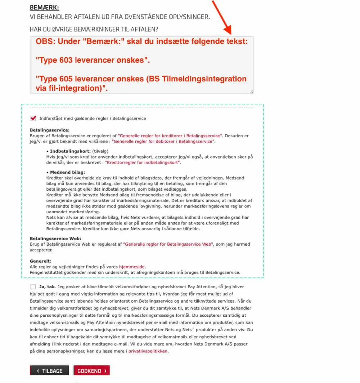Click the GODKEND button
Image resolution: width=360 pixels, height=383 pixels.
[x=91, y=371]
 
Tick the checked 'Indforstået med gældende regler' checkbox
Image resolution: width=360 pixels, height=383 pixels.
[x=33, y=118]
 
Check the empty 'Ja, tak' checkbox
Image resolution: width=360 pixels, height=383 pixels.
[x=33, y=287]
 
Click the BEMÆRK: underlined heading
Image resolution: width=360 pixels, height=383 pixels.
[x=45, y=8]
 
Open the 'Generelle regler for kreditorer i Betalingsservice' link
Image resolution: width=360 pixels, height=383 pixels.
[x=170, y=136]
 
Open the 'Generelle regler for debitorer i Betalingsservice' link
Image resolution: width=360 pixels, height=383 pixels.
[x=163, y=142]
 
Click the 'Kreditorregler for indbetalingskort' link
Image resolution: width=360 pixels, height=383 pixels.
[x=142, y=163]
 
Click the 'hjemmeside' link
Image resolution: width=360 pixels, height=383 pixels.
[x=132, y=267]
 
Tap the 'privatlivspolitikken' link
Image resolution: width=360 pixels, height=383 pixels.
[x=148, y=351]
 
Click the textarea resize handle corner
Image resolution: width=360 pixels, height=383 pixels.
[x=252, y=92]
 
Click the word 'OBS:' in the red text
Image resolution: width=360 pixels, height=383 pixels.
[x=44, y=41]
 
